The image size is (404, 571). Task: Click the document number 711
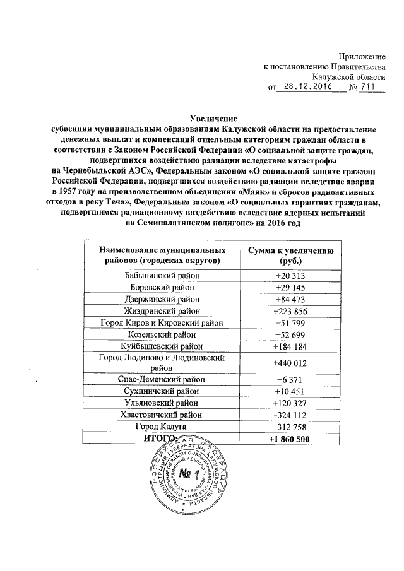pos(372,87)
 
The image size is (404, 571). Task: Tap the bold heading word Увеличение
pos(214,117)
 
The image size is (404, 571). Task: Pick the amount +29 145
pos(290,287)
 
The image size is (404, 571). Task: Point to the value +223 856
pos(290,311)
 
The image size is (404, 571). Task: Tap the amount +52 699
pos(290,334)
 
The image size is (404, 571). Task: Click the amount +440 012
pos(290,363)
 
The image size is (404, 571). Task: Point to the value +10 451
pos(290,392)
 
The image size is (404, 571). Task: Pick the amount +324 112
pos(290,415)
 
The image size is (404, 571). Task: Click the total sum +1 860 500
pos(290,439)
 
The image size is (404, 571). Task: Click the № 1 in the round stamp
pos(189,473)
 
